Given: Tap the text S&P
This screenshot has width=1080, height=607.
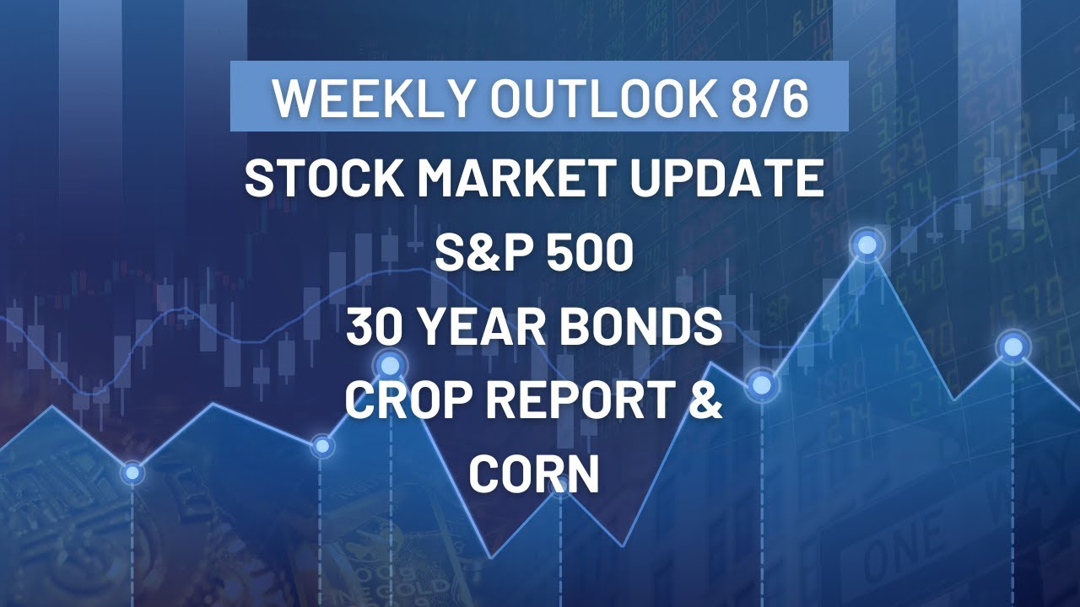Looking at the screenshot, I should [475, 254].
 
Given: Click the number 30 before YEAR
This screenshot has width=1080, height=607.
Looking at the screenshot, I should [372, 329].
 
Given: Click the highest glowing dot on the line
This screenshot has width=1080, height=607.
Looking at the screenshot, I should [867, 244].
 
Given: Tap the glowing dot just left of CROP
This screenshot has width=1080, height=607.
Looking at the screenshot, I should [321, 445].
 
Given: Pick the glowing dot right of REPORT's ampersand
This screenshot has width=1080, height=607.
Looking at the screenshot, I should [761, 384].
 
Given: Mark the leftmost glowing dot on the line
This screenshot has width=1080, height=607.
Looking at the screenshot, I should [132, 473].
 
